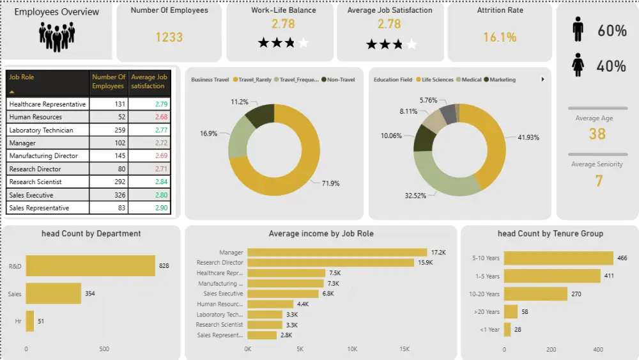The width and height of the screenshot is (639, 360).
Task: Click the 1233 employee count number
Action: (x=169, y=37)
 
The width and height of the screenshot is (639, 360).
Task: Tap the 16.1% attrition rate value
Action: (x=500, y=37)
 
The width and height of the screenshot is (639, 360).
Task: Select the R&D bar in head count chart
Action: (x=90, y=265)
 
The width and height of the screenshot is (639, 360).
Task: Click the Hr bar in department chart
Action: (x=29, y=321)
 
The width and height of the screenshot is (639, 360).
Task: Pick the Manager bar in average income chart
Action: (x=337, y=253)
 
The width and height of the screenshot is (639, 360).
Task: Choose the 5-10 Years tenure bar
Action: (x=558, y=258)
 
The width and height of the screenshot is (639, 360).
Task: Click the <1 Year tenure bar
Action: (x=507, y=329)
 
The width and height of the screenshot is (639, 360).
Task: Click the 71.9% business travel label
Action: (x=330, y=184)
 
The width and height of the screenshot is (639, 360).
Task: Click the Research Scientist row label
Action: (x=36, y=182)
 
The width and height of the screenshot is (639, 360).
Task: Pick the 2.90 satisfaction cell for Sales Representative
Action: (x=159, y=208)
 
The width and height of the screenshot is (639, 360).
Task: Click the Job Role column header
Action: (x=22, y=77)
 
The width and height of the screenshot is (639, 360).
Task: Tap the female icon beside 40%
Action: (x=578, y=65)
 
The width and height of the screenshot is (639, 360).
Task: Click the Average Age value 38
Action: (x=597, y=134)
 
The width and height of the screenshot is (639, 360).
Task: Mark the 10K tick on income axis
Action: (x=352, y=350)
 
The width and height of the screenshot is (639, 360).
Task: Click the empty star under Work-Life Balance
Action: (x=303, y=43)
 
